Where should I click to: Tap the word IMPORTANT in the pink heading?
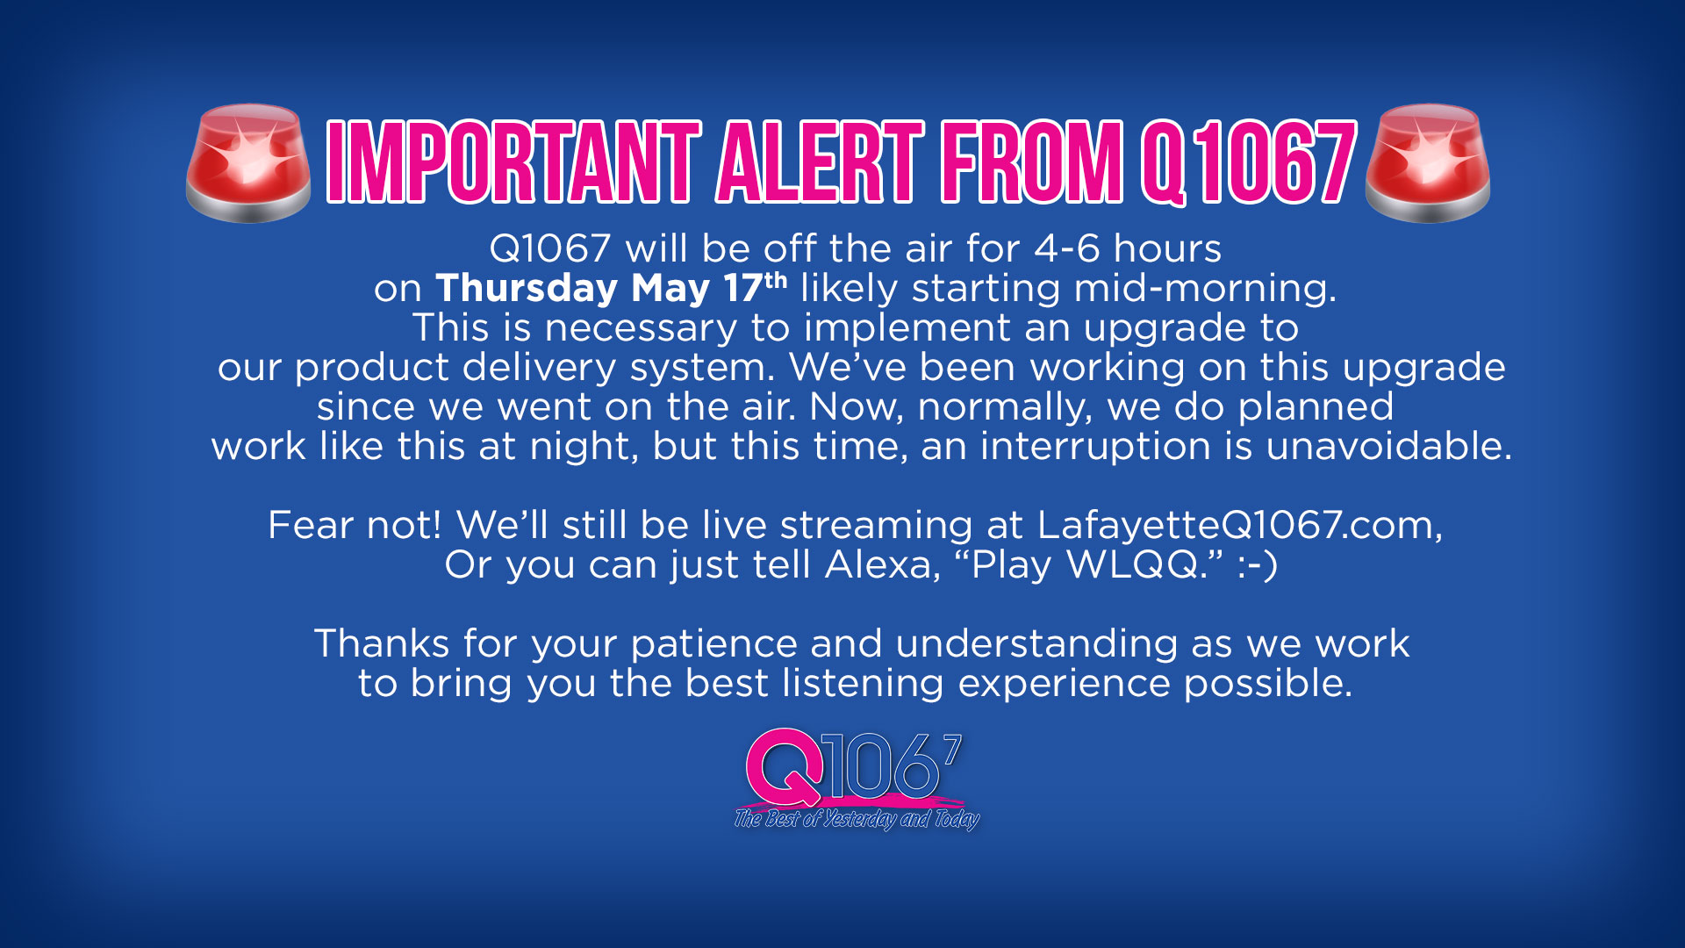tap(513, 162)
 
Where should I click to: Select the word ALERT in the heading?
tap(821, 162)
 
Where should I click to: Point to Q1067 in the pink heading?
tap(1249, 162)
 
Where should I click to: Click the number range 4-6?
tap(1066, 249)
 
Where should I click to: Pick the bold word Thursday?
tap(527, 289)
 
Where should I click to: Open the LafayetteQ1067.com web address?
tap(1239, 526)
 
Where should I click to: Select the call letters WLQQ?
tap(1132, 565)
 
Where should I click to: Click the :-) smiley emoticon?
tap(1257, 565)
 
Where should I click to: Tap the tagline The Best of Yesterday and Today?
tap(857, 819)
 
